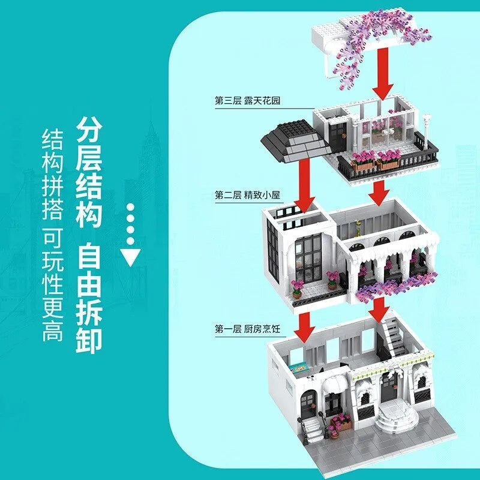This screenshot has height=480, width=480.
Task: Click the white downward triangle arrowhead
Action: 130,257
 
